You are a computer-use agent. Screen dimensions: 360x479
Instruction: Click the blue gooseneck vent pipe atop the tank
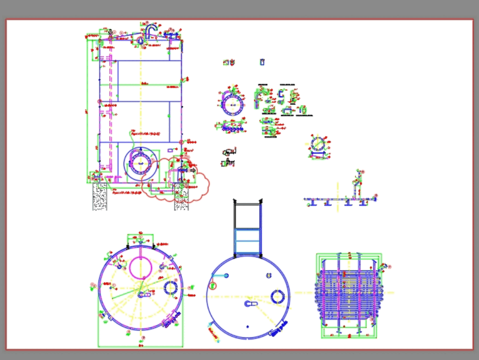[x=151, y=30]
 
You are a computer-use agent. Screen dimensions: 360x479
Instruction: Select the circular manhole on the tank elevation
[x=140, y=163]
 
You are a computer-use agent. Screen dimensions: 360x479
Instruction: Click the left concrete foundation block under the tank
[x=100, y=196]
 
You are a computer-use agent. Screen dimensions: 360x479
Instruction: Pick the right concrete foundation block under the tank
[x=182, y=197]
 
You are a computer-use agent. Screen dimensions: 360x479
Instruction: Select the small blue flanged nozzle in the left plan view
[x=171, y=288]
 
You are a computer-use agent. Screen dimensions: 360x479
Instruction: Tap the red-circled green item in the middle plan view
[x=213, y=286]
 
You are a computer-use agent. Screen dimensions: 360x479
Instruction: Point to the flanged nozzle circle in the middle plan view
[x=277, y=297]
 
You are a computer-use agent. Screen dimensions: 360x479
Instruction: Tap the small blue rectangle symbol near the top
[x=262, y=62]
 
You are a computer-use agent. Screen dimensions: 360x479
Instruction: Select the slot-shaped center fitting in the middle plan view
[x=250, y=303]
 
